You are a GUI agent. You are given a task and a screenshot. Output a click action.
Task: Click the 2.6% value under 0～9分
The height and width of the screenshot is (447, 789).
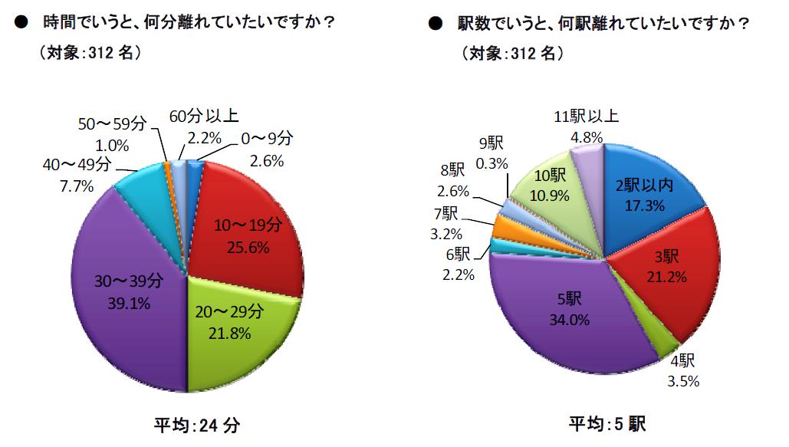(268, 161)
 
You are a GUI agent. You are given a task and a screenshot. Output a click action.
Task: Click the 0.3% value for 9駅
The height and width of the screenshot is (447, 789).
(493, 163)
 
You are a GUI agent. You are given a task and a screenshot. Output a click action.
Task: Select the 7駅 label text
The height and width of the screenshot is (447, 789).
(444, 212)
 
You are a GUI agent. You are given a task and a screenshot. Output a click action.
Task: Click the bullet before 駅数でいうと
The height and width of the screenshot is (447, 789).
(435, 24)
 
